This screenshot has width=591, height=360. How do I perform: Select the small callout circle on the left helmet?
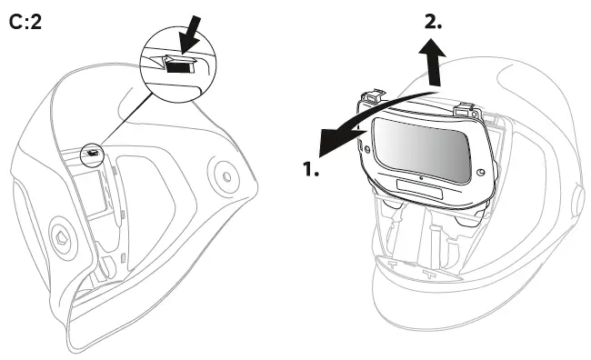pos(93,154)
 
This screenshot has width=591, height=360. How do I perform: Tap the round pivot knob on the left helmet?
pos(219,170)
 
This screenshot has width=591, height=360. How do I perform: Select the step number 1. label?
pos(310,170)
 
